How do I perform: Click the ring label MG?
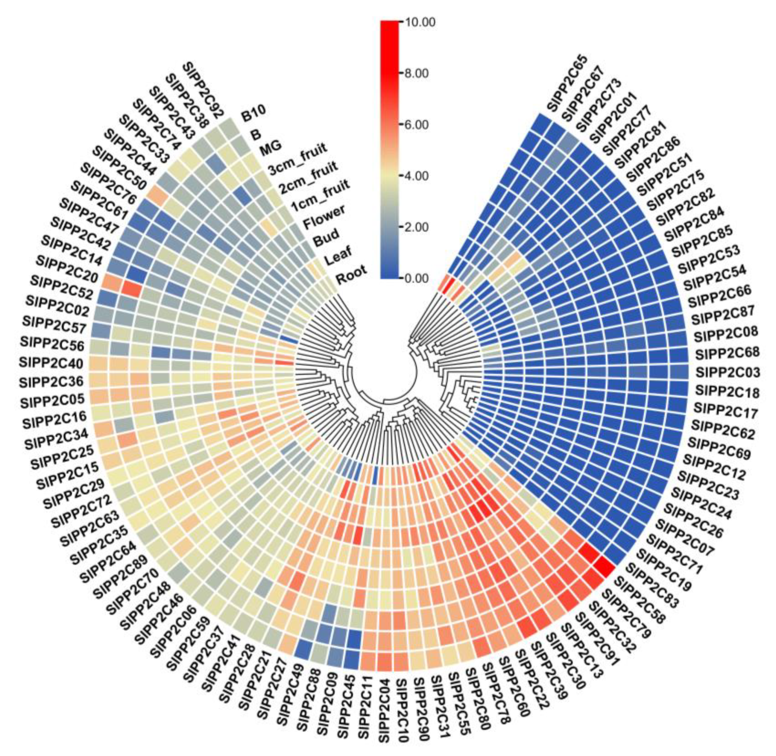pos(271,146)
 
